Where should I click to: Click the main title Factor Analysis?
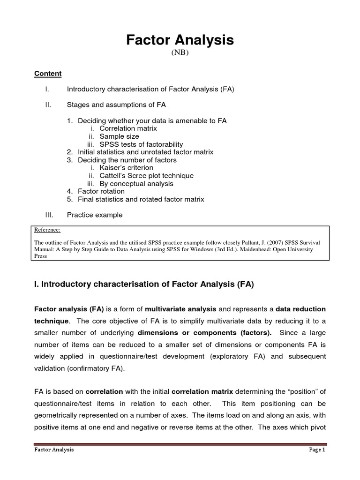(x=180, y=41)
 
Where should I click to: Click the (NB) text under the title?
(x=180, y=53)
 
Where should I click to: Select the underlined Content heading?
(x=48, y=74)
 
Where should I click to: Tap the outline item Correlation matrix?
(x=128, y=128)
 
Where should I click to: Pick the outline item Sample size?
(x=119, y=136)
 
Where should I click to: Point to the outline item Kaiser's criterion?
(x=126, y=168)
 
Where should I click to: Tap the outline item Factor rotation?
(x=101, y=191)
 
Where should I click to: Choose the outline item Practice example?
(x=95, y=215)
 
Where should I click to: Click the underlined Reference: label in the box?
(x=48, y=230)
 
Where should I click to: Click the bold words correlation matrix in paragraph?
(x=202, y=391)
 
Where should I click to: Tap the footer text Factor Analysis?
(x=54, y=450)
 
